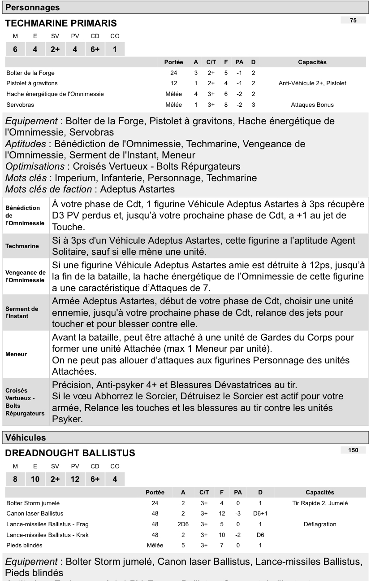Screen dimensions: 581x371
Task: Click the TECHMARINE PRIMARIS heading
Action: pyautogui.click(x=60, y=23)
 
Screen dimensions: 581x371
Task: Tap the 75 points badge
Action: pyautogui.click(x=354, y=20)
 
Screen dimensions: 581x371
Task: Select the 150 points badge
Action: pyautogui.click(x=354, y=450)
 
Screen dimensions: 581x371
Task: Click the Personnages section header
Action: pyautogui.click(x=32, y=7)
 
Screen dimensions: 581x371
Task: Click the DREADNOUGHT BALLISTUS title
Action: pyautogui.click(x=70, y=454)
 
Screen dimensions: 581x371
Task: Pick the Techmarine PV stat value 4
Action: pyautogui.click(x=75, y=49)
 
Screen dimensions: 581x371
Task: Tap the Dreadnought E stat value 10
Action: pyautogui.click(x=35, y=479)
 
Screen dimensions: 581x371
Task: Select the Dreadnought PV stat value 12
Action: pyautogui.click(x=75, y=479)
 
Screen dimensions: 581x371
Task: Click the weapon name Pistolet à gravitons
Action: pyautogui.click(x=32, y=83)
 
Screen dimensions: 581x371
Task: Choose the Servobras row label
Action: pyautogui.click(x=20, y=105)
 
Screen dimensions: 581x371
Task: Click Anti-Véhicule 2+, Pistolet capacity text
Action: pyautogui.click(x=312, y=83)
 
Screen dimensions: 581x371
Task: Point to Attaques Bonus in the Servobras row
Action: pyautogui.click(x=312, y=105)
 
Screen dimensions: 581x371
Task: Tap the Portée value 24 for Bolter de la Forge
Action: pyautogui.click(x=174, y=73)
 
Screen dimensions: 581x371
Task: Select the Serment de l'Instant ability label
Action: pyautogui.click(x=22, y=312)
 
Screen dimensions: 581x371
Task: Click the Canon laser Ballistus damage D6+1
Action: pyautogui.click(x=260, y=514)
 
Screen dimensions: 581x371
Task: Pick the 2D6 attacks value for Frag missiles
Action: pyautogui.click(x=183, y=524)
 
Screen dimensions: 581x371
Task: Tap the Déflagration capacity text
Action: pyautogui.click(x=320, y=524)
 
